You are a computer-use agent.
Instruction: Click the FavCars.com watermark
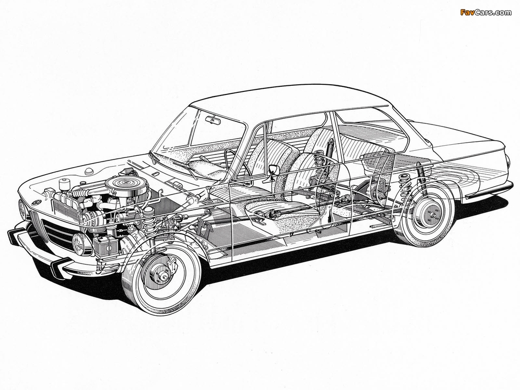point(485,12)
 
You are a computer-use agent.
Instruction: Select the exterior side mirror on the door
point(273,171)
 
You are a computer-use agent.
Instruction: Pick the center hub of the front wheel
point(164,275)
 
